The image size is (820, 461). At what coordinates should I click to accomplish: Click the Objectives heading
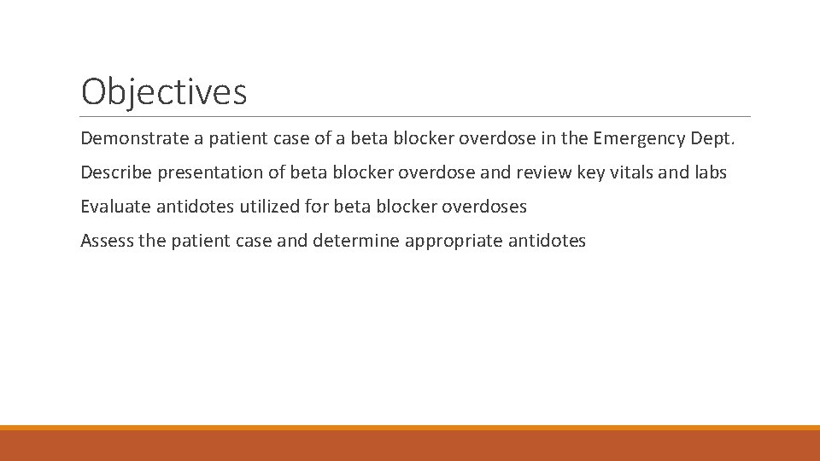coord(164,91)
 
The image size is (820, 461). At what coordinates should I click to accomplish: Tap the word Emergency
coord(646,137)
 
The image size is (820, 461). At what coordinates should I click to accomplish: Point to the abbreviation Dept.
coord(713,137)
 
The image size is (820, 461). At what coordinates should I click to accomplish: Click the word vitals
coord(633,172)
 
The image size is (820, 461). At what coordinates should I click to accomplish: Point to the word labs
coord(709,172)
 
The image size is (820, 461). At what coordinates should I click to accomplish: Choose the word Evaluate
coord(115,207)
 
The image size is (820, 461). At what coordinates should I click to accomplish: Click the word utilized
coord(266,207)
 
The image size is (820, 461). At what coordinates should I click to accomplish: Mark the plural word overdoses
coord(484,207)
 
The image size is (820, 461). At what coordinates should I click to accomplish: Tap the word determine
coord(356,241)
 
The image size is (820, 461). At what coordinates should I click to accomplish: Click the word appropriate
coord(454,241)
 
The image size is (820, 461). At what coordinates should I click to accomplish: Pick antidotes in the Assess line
coord(547,241)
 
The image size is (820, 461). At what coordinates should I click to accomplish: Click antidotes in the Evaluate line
coord(195,207)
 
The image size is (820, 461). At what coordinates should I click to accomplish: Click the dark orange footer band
coord(410,446)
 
